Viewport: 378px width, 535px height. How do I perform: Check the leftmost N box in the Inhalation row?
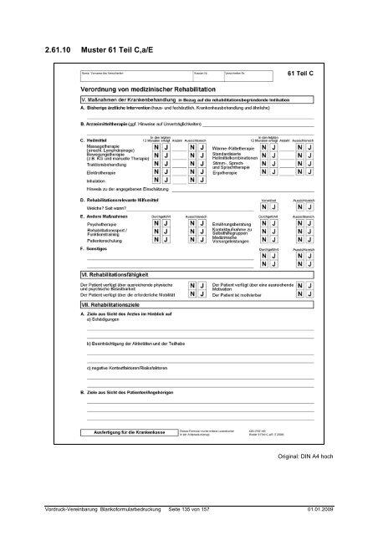point(156,203)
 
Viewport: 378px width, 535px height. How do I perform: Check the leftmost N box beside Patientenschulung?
point(156,241)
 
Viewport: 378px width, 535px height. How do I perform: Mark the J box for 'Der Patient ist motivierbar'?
point(311,295)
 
